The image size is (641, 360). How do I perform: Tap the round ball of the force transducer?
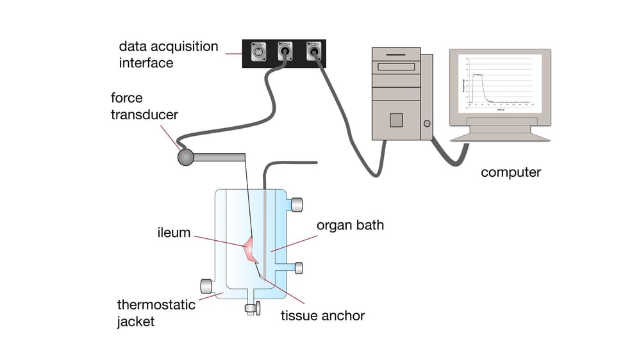click(186, 157)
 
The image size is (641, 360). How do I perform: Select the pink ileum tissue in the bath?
click(251, 250)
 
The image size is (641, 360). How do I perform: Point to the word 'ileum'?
click(174, 233)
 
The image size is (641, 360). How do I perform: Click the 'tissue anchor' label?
click(323, 315)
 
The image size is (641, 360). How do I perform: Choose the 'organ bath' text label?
click(350, 225)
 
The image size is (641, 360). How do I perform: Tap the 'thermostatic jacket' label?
click(156, 313)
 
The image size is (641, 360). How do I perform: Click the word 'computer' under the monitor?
click(511, 172)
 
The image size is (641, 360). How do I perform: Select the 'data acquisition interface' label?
click(169, 55)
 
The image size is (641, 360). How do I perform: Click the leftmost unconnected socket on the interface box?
click(260, 52)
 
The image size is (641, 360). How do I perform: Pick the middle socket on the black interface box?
click(285, 52)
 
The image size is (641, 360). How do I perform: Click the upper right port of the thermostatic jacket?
click(297, 205)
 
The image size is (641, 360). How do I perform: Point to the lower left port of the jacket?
click(206, 286)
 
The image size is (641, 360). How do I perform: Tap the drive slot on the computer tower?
click(397, 67)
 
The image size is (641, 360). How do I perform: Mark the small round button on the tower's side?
click(426, 124)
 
